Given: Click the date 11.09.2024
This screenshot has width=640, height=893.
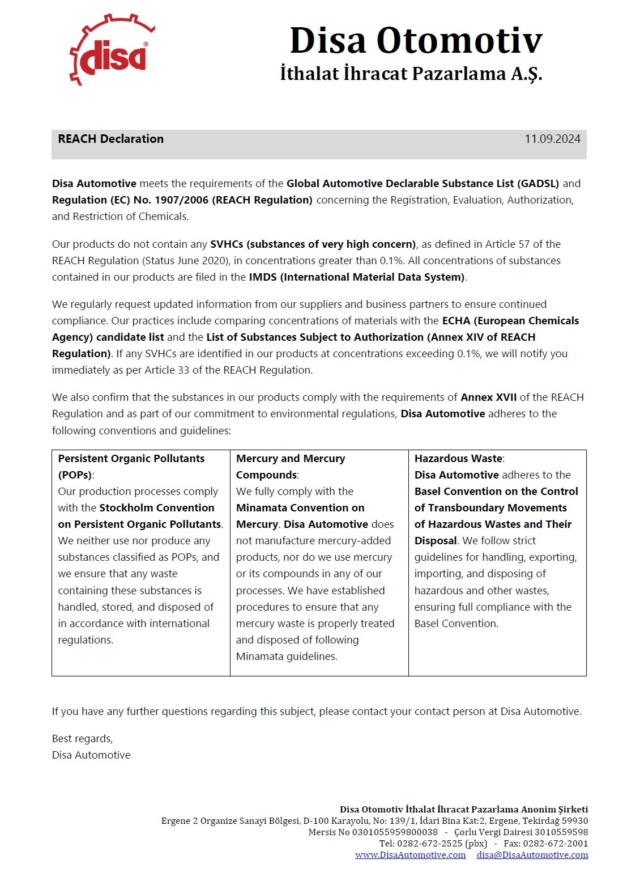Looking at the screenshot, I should (552, 139).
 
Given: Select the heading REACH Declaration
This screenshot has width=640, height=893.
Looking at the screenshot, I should (110, 139).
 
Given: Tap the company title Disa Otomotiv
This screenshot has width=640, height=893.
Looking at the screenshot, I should (416, 40).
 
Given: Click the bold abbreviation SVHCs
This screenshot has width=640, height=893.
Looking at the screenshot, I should (227, 244).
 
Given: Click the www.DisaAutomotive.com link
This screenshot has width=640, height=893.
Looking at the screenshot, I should (410, 855).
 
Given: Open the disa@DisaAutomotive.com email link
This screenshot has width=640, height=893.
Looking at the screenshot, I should (532, 855).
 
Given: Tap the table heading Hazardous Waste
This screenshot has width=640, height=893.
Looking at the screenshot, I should (458, 459).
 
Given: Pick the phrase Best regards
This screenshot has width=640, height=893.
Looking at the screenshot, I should (82, 739).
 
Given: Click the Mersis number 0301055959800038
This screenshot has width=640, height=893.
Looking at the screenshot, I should (395, 832).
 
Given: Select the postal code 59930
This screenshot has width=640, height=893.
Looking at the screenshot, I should (574, 821).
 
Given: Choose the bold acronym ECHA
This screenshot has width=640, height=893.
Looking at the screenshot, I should (456, 321).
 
